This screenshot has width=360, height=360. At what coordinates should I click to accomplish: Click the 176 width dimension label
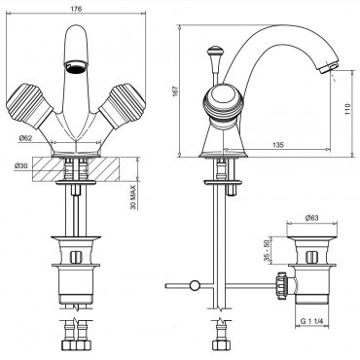(76, 9)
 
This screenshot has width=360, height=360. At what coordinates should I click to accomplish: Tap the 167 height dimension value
(175, 91)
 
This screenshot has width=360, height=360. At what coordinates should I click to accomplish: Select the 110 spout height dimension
(348, 110)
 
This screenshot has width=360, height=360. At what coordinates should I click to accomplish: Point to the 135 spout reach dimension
(277, 145)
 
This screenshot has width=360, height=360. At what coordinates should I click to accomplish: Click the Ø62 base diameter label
(26, 138)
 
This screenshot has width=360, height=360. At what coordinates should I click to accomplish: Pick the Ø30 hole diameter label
(21, 165)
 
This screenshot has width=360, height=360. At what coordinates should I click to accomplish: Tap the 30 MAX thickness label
(133, 196)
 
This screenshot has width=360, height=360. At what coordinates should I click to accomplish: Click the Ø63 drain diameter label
(311, 218)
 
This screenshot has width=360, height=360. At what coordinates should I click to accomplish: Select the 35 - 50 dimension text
(267, 250)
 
